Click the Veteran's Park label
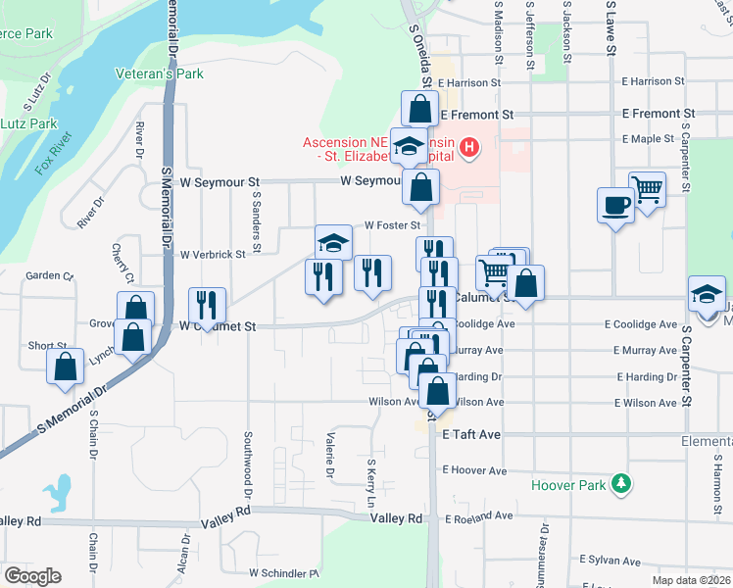[159, 73]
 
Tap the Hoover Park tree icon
[619, 484]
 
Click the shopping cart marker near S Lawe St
[647, 188]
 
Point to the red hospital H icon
[470, 149]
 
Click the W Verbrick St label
[212, 254]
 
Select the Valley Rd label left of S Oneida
[396, 517]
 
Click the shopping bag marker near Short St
[65, 367]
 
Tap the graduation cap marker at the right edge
[707, 294]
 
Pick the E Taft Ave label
[472, 434]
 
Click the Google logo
[32, 576]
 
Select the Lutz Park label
[29, 124]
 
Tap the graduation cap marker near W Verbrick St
[333, 242]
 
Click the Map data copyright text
[692, 580]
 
